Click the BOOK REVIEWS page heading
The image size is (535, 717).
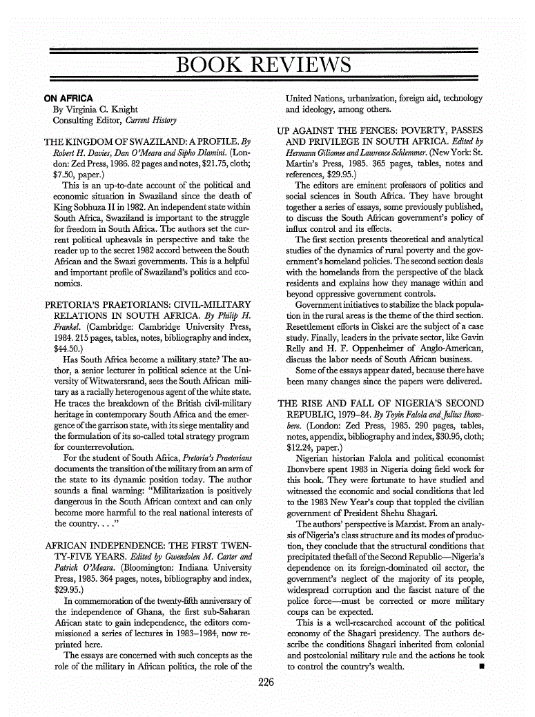click(x=264, y=66)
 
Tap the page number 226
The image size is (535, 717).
click(x=266, y=683)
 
